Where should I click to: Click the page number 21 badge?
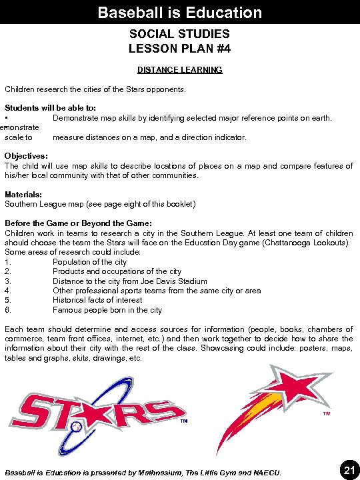[x=348, y=471]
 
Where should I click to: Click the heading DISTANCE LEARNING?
[x=180, y=69]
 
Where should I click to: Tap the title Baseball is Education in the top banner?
[x=180, y=12]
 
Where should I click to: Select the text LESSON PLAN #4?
[x=180, y=48]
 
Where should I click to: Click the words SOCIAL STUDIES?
[x=180, y=33]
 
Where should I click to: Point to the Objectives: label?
[x=26, y=156]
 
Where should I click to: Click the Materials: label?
[x=23, y=194]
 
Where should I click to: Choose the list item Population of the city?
[x=89, y=262]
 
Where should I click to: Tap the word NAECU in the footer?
[x=267, y=473]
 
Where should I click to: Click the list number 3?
[x=7, y=281]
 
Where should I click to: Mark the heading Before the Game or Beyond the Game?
[x=78, y=223]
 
